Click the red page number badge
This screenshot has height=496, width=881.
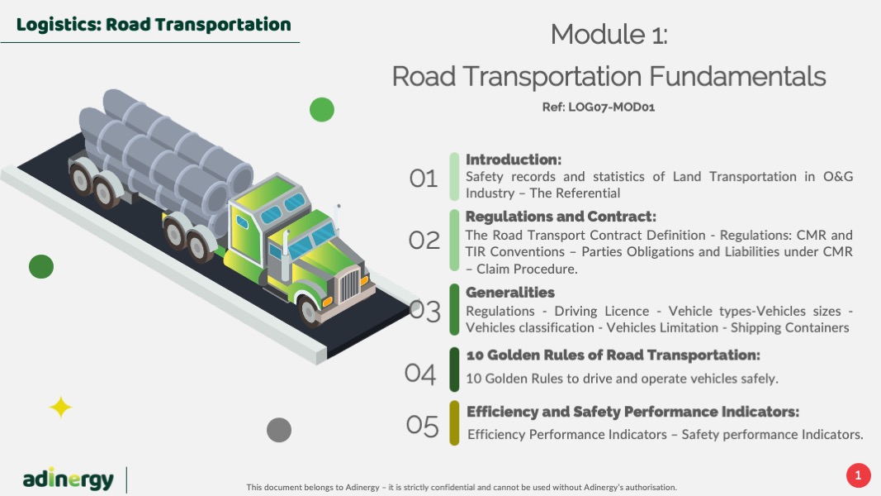pyautogui.click(x=858, y=476)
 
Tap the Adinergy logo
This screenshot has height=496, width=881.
pyautogui.click(x=68, y=479)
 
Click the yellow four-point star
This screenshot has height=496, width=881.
pyautogui.click(x=60, y=408)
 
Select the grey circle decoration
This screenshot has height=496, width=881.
pyautogui.click(x=279, y=430)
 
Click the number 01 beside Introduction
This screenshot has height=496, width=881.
pyautogui.click(x=423, y=179)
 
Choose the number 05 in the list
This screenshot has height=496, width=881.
pyautogui.click(x=422, y=426)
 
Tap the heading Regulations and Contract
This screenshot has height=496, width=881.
pyautogui.click(x=561, y=217)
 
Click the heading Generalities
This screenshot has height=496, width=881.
pyautogui.click(x=510, y=293)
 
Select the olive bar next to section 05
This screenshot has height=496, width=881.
pyautogui.click(x=454, y=423)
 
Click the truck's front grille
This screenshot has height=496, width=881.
pyautogui.click(x=349, y=284)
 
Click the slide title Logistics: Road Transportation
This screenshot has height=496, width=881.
pyautogui.click(x=154, y=25)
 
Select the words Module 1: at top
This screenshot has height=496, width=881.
pyautogui.click(x=609, y=34)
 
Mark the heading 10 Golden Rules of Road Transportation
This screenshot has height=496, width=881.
pyautogui.click(x=613, y=355)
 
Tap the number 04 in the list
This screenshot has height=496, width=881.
pyautogui.click(x=420, y=374)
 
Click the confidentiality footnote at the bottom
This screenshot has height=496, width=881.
pyautogui.click(x=462, y=488)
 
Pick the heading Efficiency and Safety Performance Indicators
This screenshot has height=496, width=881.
pyautogui.click(x=632, y=412)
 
